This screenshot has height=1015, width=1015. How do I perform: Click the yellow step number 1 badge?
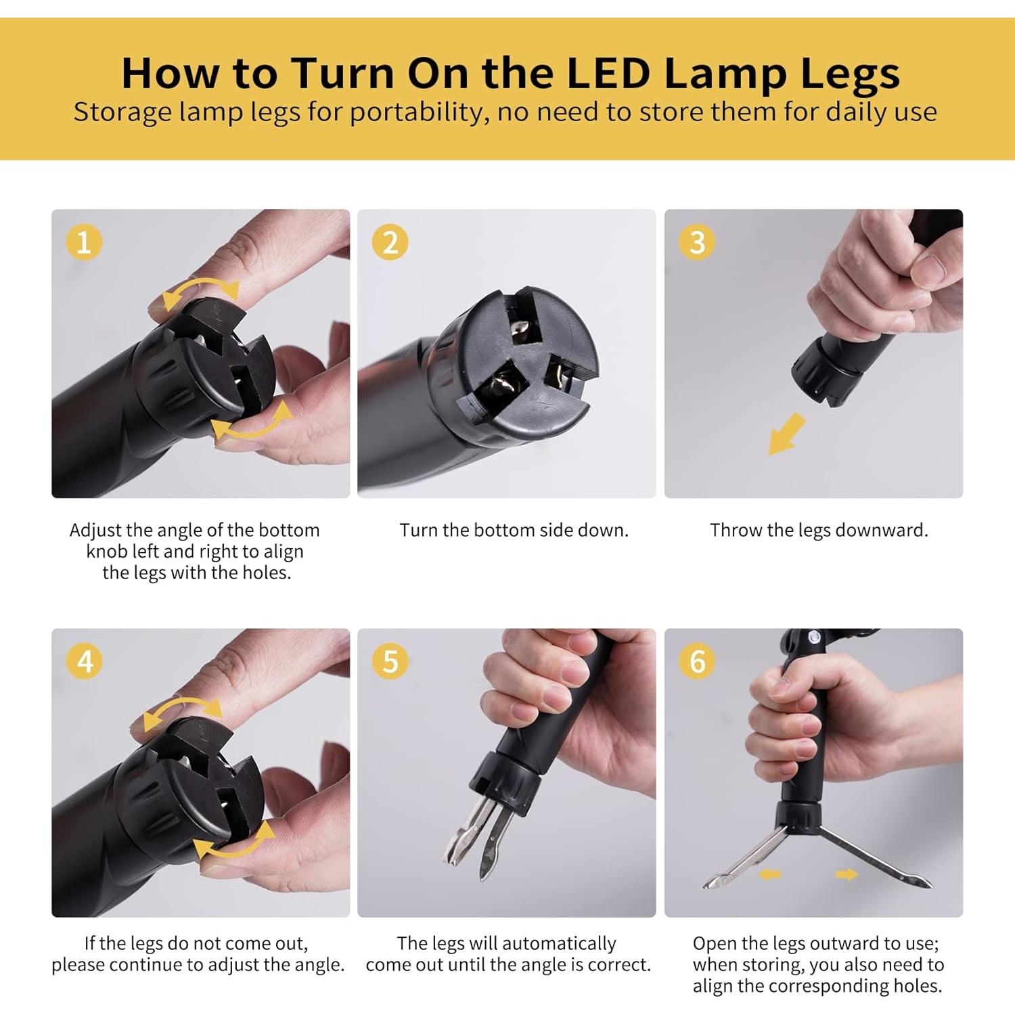tap(84, 242)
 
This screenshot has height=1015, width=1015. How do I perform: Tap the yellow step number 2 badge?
tap(390, 242)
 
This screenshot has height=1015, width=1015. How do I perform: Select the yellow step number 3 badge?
tap(697, 242)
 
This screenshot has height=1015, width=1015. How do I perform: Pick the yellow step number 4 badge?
tap(85, 661)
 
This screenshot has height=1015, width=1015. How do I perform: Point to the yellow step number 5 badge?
tap(390, 661)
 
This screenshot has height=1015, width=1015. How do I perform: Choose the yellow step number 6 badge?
tap(697, 661)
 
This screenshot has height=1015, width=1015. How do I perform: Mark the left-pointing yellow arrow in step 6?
tap(769, 875)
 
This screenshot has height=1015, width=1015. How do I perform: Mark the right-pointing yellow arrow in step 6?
tap(846, 875)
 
